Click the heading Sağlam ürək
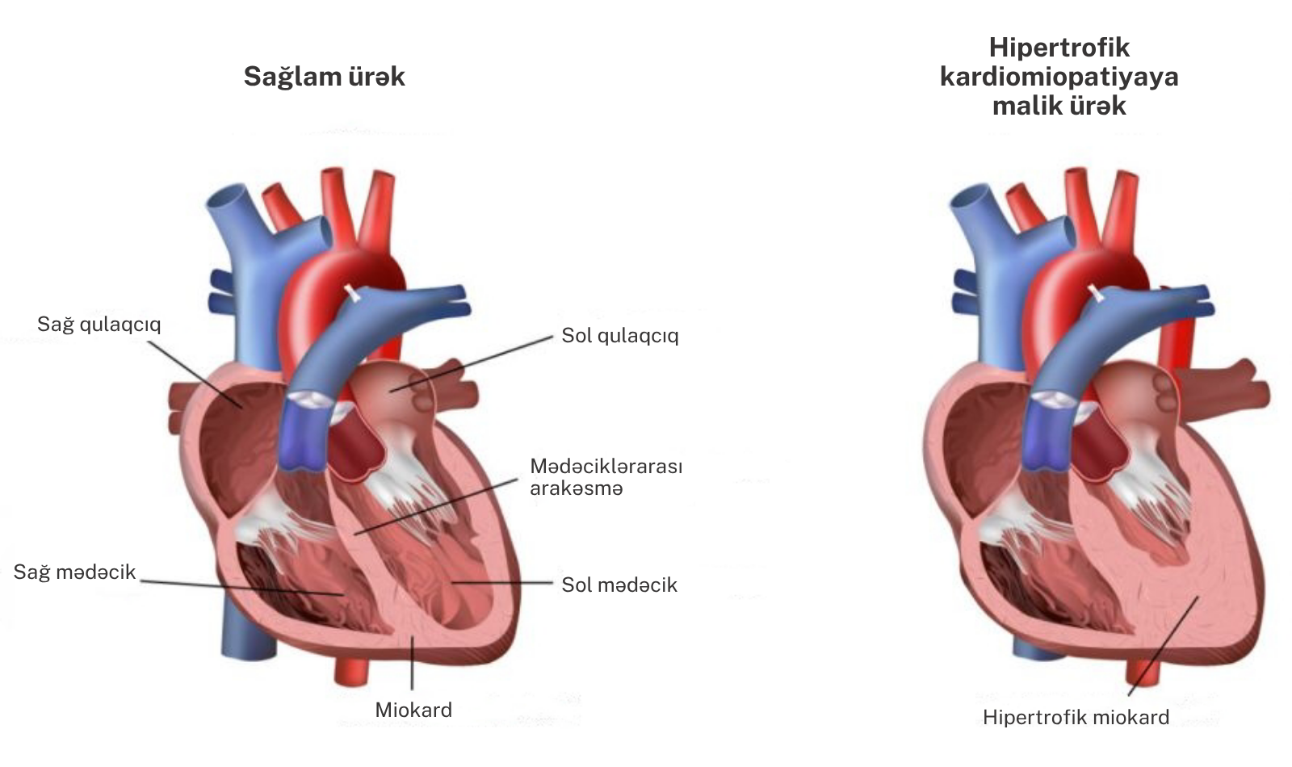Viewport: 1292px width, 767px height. (324, 77)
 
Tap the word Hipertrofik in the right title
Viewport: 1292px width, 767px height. (1059, 48)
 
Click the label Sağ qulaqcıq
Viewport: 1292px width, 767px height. (99, 325)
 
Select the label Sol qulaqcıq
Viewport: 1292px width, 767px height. (620, 336)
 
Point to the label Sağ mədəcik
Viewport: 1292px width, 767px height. (74, 572)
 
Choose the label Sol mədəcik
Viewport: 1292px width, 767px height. (619, 585)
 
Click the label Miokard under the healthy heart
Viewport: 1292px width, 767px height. (413, 710)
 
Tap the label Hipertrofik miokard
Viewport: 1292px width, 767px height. (1076, 718)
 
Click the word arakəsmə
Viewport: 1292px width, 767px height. (577, 488)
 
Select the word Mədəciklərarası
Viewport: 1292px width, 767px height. (606, 466)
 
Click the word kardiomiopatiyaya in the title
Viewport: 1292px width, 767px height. (1059, 77)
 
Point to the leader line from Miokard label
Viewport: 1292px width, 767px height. (412, 663)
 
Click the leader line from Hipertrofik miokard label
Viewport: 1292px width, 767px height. (1164, 646)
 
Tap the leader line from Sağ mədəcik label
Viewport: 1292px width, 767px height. (241, 588)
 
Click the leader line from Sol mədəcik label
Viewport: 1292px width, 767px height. (502, 582)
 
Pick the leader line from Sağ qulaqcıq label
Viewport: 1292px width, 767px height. (194, 374)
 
